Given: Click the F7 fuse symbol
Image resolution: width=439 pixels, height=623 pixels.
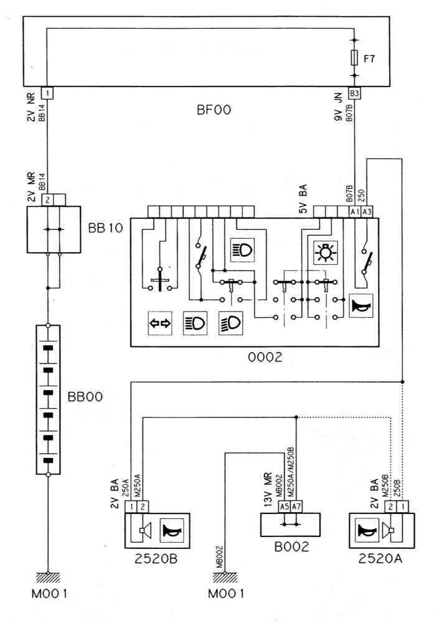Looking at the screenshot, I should coord(354,58).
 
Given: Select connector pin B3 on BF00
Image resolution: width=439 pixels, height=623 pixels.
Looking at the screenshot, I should coord(354,93).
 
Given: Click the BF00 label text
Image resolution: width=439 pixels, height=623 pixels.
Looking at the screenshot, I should coord(214,110).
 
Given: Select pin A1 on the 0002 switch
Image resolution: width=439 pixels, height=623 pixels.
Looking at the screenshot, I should coord(354,212).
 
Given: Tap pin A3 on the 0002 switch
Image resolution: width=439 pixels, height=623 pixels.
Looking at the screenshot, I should coord(367,212).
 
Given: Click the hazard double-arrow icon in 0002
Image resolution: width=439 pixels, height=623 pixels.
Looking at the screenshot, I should coord(160,323).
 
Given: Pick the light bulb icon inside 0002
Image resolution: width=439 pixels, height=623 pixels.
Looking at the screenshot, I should coord(325,251).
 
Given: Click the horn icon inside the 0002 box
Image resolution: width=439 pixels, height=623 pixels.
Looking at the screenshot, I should coord(361,306).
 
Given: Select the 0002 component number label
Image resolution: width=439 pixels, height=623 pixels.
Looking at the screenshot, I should coord(265,358).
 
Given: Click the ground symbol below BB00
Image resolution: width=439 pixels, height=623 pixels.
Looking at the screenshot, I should coord(47,577).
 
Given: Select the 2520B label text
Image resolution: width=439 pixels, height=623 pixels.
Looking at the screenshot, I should coord(156,559).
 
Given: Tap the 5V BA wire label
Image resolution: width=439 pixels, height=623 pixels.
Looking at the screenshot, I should coord(304,197).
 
